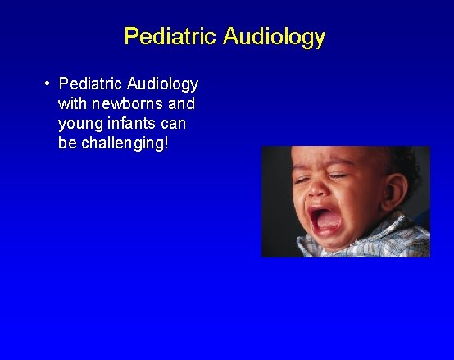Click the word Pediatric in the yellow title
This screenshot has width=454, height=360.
pos(170,37)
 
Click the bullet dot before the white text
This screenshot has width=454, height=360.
pos(49,84)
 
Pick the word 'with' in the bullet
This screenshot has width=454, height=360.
pos(73,104)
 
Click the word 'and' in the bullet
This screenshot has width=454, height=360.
pos(182,104)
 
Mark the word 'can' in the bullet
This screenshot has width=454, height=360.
pos(174,125)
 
